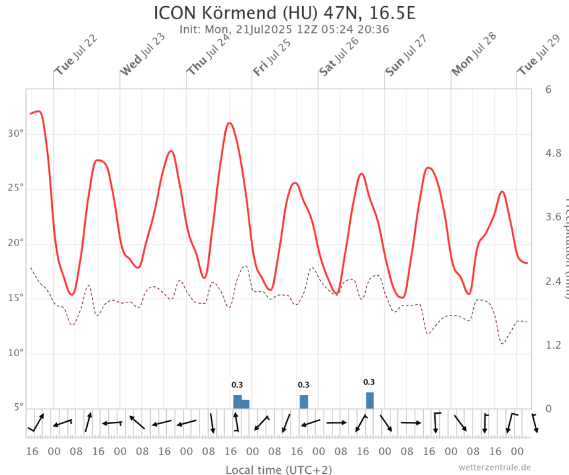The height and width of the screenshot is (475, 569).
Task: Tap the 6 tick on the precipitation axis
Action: point(549,90)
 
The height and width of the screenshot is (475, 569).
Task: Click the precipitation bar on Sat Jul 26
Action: point(369,400)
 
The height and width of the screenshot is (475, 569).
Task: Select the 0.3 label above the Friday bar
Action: point(303,385)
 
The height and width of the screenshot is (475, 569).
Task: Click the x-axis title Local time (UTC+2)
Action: point(278,470)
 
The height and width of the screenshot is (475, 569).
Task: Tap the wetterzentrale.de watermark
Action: point(494,468)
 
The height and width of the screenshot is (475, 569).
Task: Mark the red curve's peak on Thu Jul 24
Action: point(229,122)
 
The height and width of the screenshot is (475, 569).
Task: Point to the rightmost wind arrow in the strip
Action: point(535,423)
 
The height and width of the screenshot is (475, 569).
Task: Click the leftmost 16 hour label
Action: point(32,451)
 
